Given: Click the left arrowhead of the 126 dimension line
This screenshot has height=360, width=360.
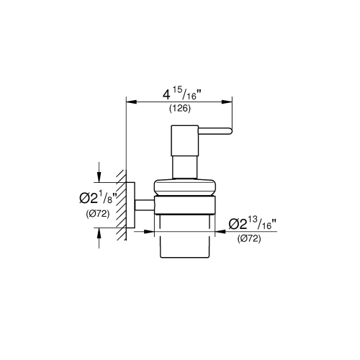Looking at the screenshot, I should [x=130, y=102].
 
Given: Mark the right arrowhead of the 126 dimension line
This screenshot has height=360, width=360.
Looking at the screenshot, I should [x=228, y=102].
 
